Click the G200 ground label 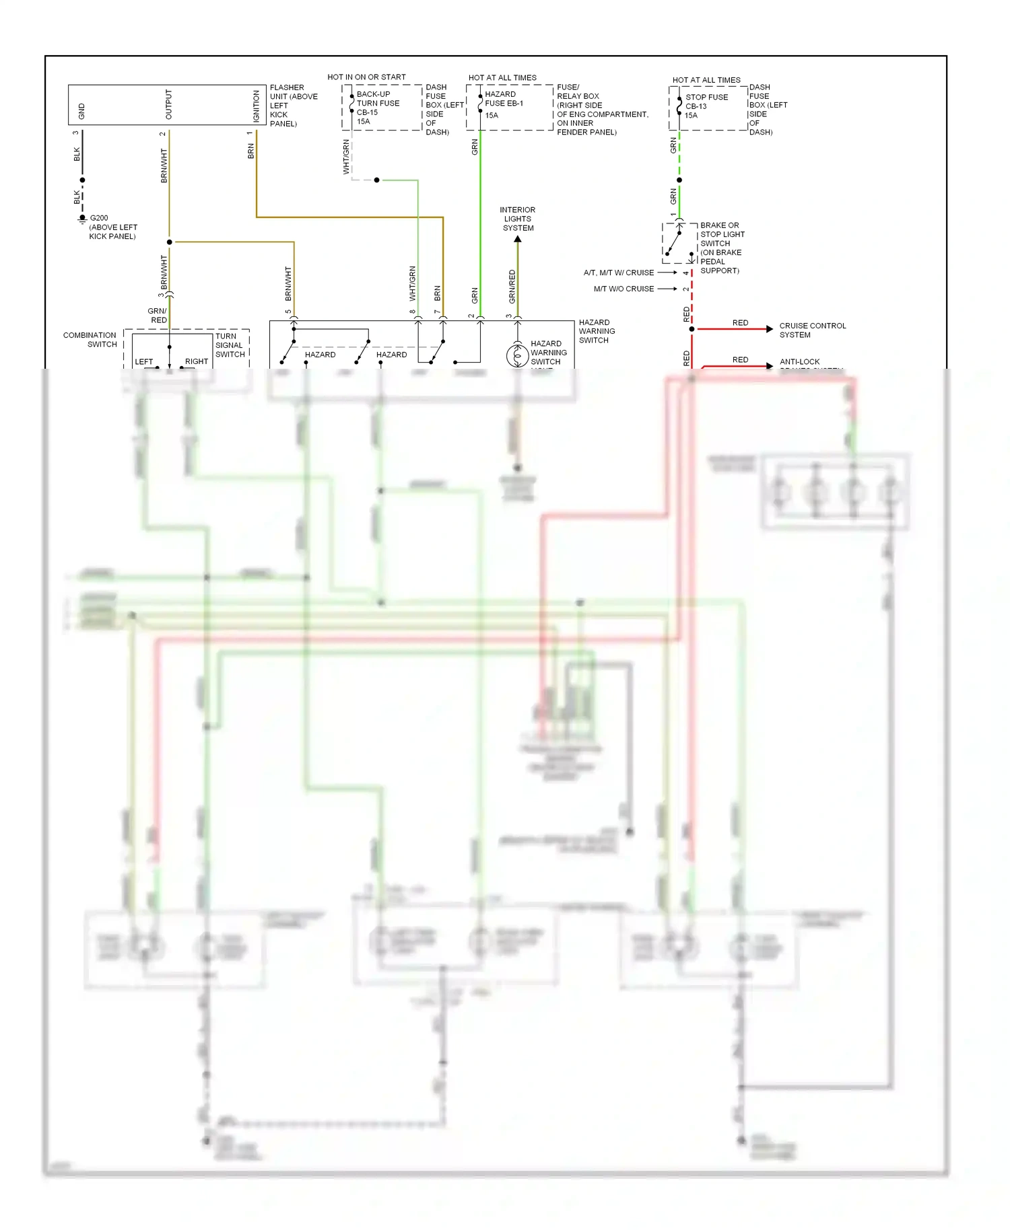click(x=99, y=218)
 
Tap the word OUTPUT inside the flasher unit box click(x=168, y=105)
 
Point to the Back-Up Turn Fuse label click(x=377, y=99)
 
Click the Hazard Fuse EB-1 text click(x=503, y=99)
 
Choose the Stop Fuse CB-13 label click(x=706, y=102)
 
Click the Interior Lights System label click(x=518, y=219)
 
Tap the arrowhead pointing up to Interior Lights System click(x=518, y=240)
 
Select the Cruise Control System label click(x=812, y=330)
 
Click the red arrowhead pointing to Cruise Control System click(x=770, y=329)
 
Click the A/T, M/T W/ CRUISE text click(x=618, y=273)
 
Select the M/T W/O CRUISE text click(x=624, y=289)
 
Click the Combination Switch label click(x=90, y=340)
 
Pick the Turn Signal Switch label click(x=230, y=345)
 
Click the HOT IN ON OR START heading click(x=366, y=77)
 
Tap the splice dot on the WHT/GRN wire click(x=376, y=180)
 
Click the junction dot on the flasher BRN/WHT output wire click(x=169, y=242)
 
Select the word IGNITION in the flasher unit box click(x=256, y=106)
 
